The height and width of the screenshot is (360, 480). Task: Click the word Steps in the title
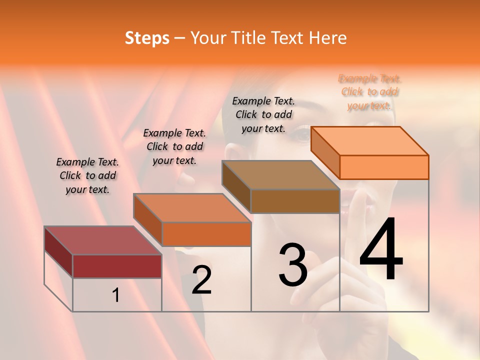point(147,38)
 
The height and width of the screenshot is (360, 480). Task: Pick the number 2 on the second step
point(201,280)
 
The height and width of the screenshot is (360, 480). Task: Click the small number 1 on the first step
point(116,295)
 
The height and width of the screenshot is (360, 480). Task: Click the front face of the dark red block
point(117,266)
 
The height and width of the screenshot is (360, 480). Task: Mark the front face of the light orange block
point(384,167)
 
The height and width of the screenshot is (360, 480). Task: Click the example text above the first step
point(87,175)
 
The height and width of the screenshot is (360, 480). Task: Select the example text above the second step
point(174,146)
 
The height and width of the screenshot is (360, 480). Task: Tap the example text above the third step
point(263,114)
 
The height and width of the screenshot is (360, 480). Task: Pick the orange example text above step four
point(369,92)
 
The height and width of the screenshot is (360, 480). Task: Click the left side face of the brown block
point(236,186)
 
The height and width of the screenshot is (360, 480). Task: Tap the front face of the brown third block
point(295,201)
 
